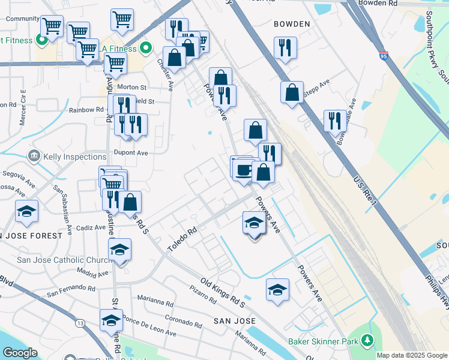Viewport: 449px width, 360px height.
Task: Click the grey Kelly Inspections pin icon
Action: click(34, 157)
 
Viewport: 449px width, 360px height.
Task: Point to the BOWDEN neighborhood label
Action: click(292, 24)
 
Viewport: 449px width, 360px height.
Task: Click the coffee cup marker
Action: click(243, 169)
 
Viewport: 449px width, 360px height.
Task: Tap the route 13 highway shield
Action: click(80, 324)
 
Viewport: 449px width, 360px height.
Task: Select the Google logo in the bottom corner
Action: click(19, 353)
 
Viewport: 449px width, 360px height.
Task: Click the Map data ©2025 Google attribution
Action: click(412, 355)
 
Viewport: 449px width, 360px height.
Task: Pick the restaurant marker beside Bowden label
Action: click(285, 47)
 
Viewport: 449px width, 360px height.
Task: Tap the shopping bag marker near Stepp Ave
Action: click(292, 92)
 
